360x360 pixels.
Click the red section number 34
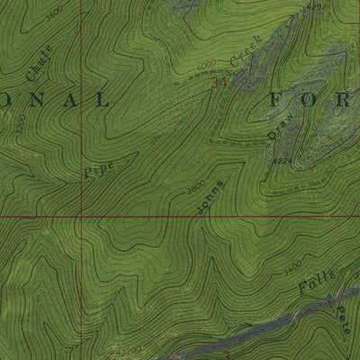coord(219,83)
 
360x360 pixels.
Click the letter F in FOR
coord(278,100)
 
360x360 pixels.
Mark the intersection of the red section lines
coord(80,217)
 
